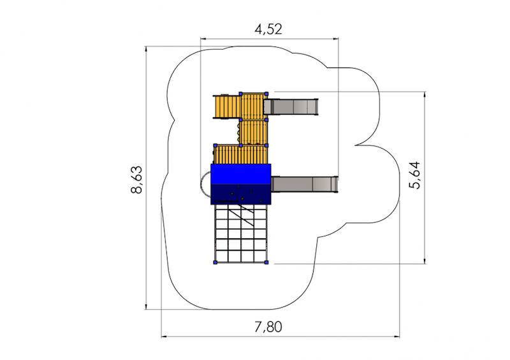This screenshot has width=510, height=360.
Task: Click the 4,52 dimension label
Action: tap(268, 29)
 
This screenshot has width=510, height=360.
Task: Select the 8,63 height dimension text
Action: tap(137, 180)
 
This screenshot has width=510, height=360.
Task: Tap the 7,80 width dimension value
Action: tap(268, 327)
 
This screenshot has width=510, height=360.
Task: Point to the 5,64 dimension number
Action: tap(415, 175)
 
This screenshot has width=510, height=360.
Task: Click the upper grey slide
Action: tap(291, 106)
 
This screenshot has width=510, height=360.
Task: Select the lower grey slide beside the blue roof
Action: tap(305, 184)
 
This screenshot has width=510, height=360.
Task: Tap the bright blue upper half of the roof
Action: tap(241, 174)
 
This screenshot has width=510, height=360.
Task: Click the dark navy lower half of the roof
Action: tap(241, 194)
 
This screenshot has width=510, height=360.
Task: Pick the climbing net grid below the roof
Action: tap(241, 233)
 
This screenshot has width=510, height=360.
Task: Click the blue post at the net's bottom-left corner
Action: tap(215, 262)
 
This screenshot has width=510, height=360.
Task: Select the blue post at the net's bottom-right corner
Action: tap(266, 262)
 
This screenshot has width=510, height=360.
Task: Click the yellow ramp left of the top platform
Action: tap(227, 106)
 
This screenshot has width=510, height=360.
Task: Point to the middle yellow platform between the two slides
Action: tap(254, 132)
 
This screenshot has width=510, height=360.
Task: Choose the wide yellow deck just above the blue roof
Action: tap(241, 155)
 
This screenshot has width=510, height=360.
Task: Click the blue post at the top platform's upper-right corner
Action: tap(266, 94)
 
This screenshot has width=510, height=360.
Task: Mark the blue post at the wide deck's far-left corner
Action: tap(215, 145)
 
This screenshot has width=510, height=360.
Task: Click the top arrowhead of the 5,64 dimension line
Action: tap(425, 94)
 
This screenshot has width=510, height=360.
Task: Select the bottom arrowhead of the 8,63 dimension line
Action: tap(147, 306)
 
